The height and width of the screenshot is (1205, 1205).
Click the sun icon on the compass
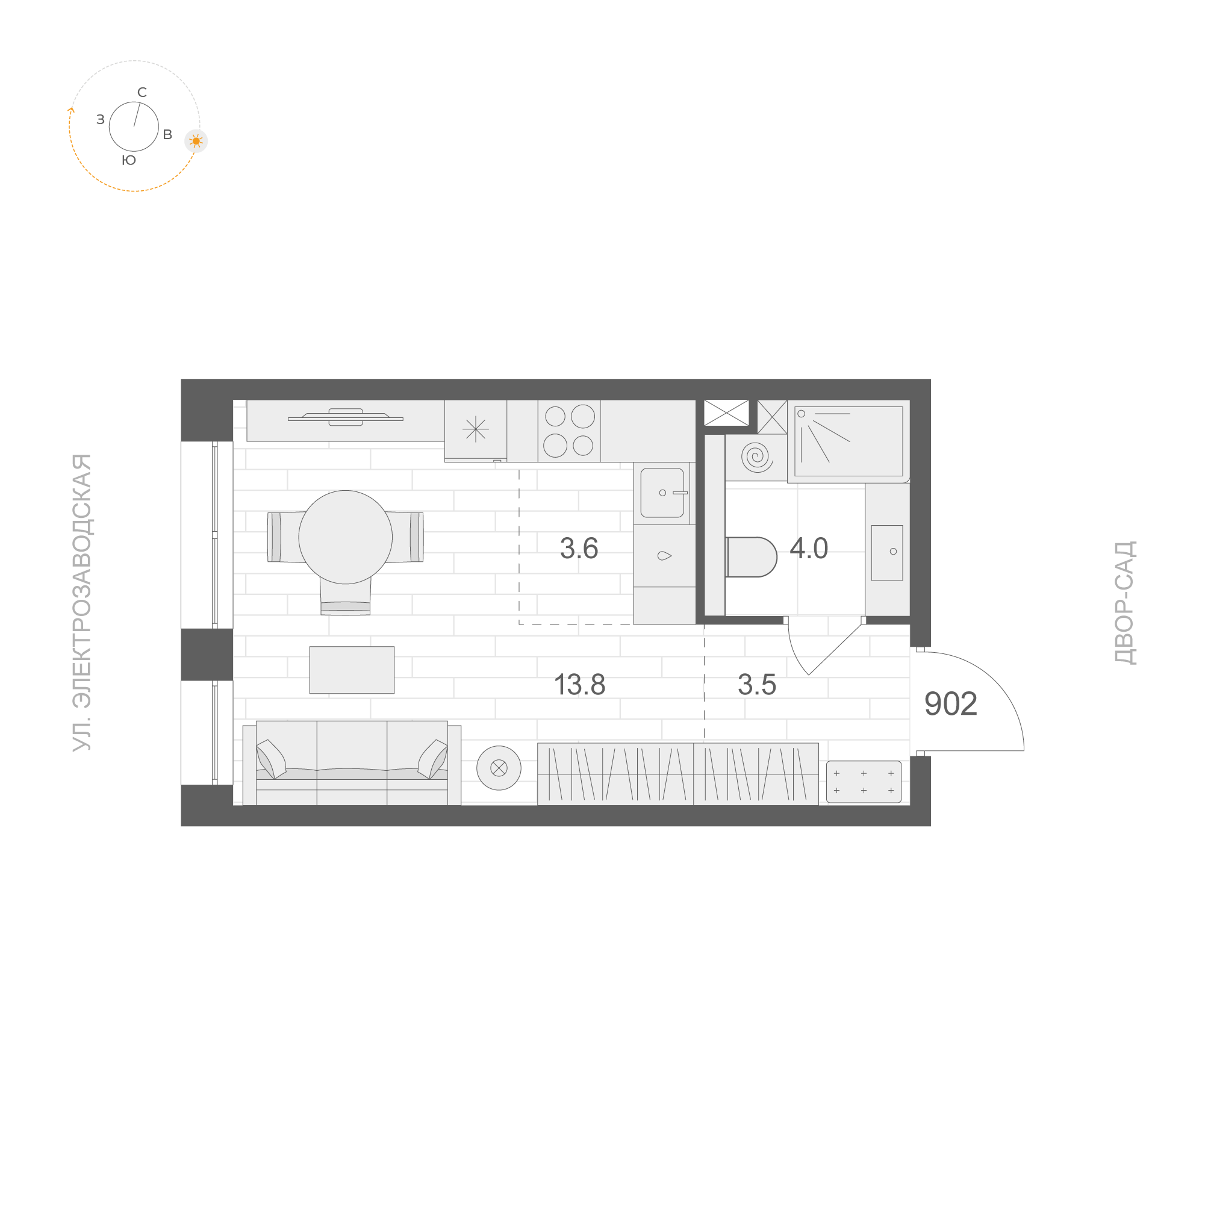(x=196, y=142)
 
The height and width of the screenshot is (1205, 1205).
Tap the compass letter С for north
(x=142, y=92)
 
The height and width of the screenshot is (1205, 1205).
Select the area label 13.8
(x=579, y=684)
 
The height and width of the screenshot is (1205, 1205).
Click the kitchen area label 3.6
(x=579, y=548)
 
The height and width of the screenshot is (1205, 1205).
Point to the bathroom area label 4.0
(x=808, y=548)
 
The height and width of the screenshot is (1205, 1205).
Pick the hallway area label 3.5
(x=756, y=684)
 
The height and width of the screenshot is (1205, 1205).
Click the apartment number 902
(x=950, y=703)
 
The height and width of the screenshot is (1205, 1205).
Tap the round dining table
(x=346, y=537)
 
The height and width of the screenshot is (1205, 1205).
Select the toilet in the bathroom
(x=752, y=557)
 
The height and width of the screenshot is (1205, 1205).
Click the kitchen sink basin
(x=662, y=493)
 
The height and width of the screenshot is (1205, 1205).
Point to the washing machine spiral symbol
(x=756, y=457)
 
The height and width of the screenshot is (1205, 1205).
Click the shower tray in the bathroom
(x=848, y=441)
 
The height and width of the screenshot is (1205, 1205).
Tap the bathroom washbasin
(x=887, y=553)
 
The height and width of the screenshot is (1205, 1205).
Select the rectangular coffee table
(x=352, y=670)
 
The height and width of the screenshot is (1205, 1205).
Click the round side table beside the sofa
(x=499, y=768)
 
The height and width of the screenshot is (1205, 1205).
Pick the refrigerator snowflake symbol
(x=476, y=429)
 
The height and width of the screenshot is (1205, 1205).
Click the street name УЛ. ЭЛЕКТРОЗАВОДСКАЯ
(x=82, y=602)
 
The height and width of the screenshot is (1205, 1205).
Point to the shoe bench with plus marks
(x=864, y=782)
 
